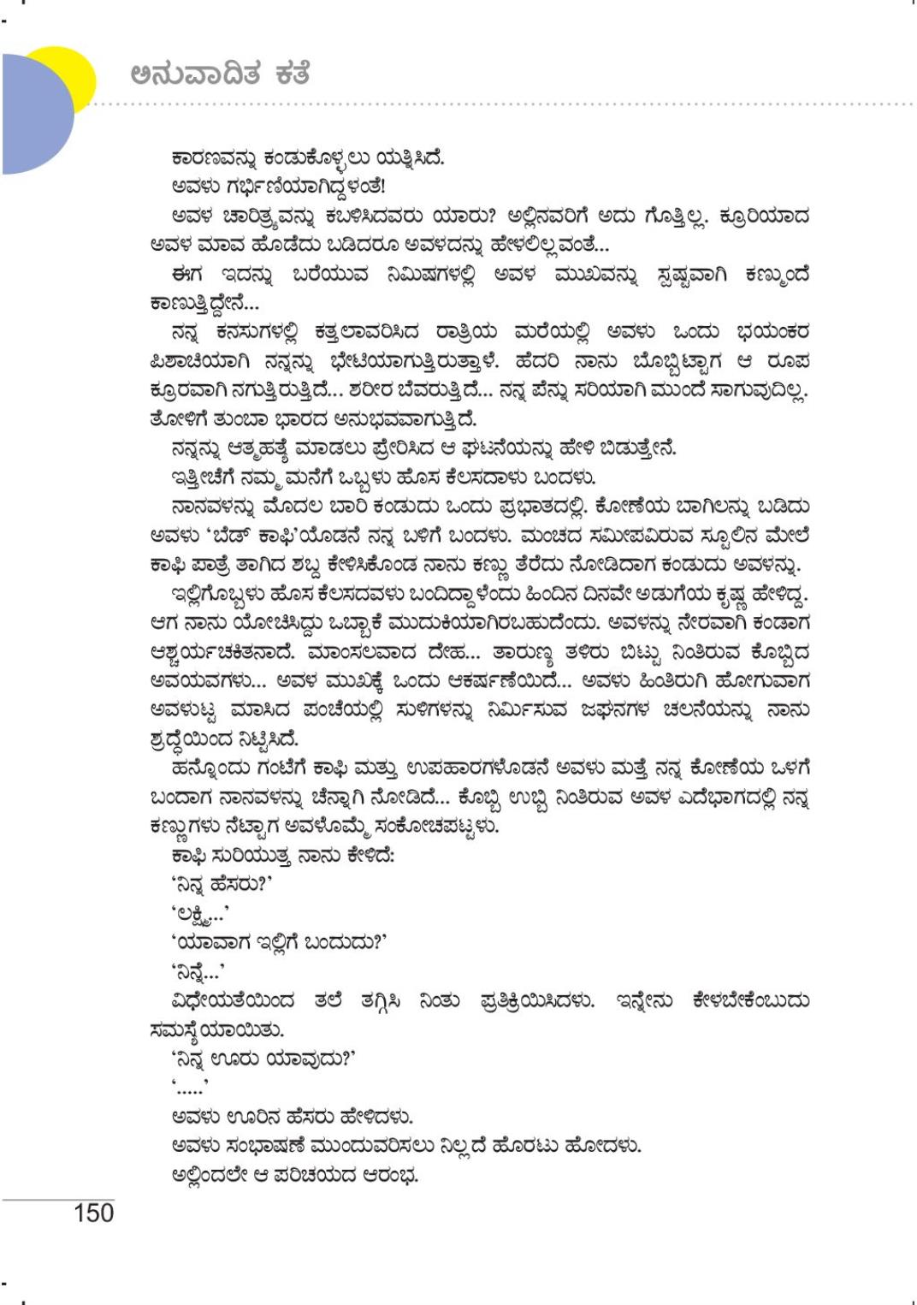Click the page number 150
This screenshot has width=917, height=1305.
93,1213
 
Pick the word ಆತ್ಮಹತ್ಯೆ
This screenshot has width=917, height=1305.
249,448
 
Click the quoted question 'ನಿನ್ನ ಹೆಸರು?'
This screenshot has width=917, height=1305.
222,885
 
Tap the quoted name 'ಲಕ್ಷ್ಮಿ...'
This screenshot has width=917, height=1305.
198,914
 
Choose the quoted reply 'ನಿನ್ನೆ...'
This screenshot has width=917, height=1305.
198,972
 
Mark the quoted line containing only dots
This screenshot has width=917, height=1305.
190,1088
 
